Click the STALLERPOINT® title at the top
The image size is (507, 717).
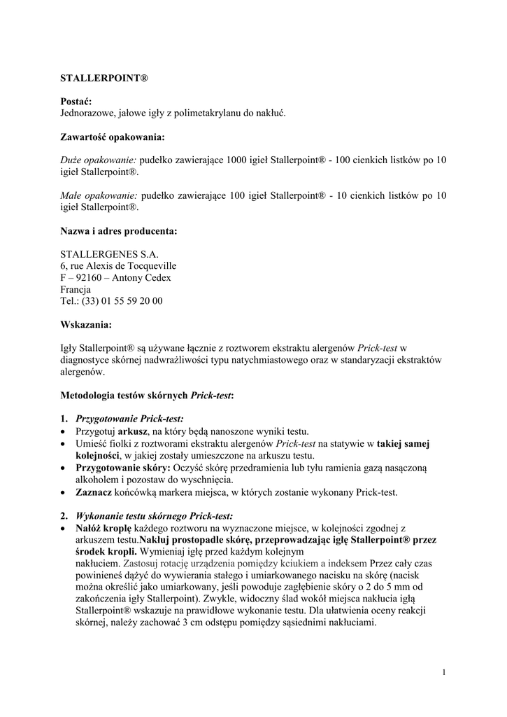tap(104, 75)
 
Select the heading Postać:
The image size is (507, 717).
tap(76, 101)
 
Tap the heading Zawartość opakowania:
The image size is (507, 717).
tap(113, 137)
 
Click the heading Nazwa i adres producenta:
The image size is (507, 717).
tap(119, 231)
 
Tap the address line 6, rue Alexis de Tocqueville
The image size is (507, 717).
tap(118, 266)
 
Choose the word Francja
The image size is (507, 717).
tap(76, 289)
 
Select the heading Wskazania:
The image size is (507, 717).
tap(85, 325)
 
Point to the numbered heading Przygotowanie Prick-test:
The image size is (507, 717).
tap(129, 419)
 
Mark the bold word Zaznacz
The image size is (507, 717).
tap(94, 492)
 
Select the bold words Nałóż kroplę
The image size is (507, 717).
tap(104, 528)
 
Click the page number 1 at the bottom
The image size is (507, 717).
tap(444, 673)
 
